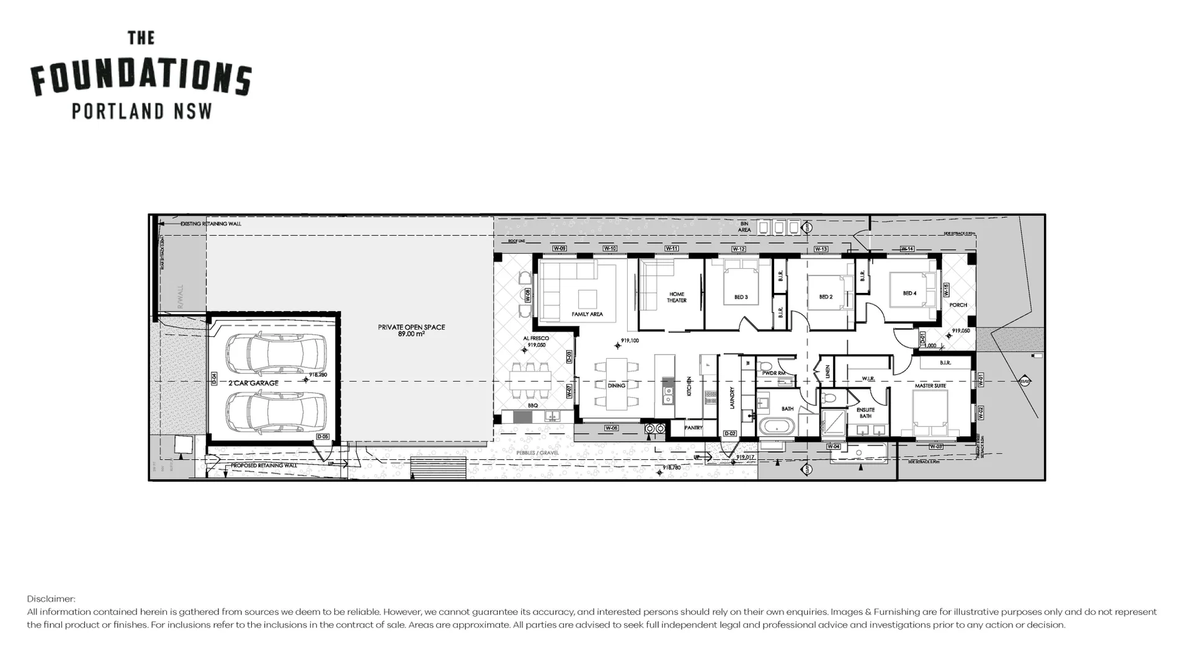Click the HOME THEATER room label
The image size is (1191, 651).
[676, 297]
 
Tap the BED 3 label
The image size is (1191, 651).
[741, 297]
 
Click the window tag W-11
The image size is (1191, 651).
[671, 248]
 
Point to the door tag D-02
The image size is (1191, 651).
[730, 434]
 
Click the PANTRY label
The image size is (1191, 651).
[693, 428]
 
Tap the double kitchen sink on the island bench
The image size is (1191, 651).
[668, 391]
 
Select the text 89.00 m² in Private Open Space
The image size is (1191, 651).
[411, 334]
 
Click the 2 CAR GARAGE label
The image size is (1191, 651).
[253, 383]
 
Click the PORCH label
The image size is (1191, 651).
[958, 305]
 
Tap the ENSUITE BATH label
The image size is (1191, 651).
[865, 413]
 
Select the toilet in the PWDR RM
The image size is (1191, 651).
[765, 366]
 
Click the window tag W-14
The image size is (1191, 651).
[907, 249]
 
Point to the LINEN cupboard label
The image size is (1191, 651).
[827, 372]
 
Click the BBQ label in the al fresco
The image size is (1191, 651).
[532, 405]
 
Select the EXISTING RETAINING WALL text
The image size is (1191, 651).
[211, 223]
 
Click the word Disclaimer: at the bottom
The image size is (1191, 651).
[51, 599]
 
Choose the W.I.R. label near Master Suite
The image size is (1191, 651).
[868, 378]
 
